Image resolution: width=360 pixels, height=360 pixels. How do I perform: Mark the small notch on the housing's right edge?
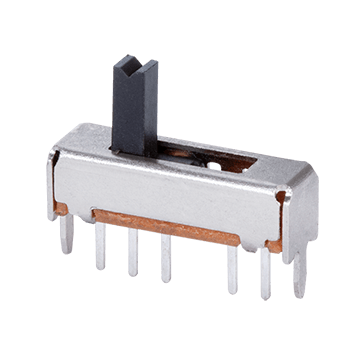(x=279, y=206)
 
